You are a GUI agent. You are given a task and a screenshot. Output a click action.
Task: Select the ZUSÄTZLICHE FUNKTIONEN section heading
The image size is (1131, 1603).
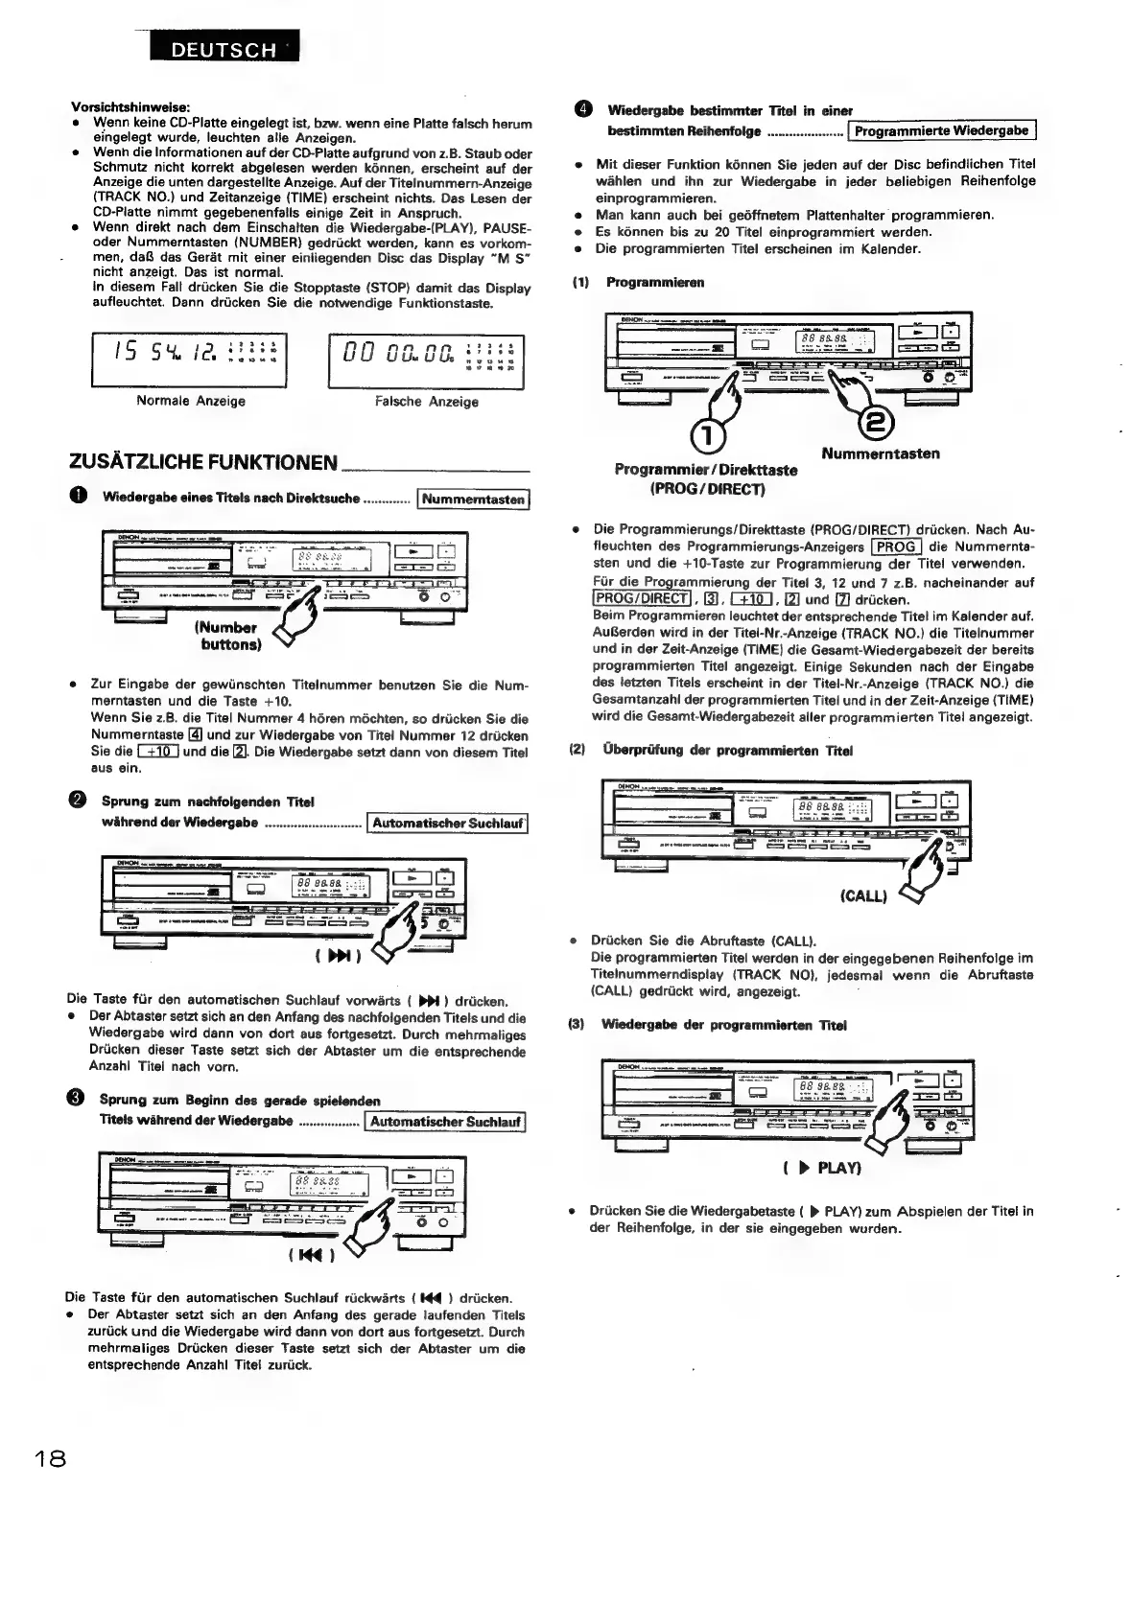pyautogui.click(x=203, y=463)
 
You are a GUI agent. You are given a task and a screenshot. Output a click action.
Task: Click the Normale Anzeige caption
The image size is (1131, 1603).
pyautogui.click(x=191, y=401)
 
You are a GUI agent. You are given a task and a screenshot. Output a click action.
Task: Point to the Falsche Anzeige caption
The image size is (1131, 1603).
pyautogui.click(x=427, y=401)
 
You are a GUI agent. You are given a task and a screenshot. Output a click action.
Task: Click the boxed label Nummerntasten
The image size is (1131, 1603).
pyautogui.click(x=474, y=499)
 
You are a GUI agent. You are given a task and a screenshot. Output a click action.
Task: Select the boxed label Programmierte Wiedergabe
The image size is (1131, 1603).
pyautogui.click(x=941, y=130)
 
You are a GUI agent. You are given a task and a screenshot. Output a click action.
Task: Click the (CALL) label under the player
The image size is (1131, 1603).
pyautogui.click(x=863, y=896)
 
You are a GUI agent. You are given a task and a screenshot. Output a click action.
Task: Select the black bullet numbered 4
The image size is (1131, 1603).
pyautogui.click(x=584, y=110)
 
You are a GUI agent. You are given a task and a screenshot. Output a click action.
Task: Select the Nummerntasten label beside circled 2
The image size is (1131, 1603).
pyautogui.click(x=881, y=453)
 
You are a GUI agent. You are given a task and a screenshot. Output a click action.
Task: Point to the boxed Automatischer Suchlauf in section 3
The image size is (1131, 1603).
pyautogui.click(x=446, y=1121)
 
